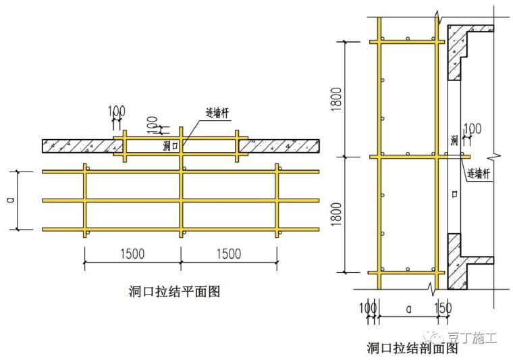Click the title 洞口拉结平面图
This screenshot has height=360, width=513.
coord(174,292)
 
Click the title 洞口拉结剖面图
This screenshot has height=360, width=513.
coord(412,349)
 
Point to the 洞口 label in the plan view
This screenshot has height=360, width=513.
coord(171,145)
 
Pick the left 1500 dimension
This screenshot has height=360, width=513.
coord(132,253)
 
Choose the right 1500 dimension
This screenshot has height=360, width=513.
coord(229,253)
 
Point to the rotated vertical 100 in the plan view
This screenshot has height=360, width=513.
coord(153,124)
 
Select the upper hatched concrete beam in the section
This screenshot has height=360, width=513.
coord(463,51)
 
